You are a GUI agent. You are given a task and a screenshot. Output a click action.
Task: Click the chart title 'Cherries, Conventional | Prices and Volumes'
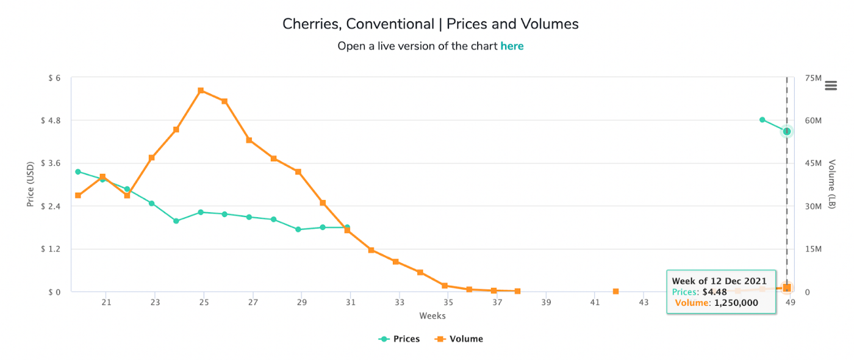[430, 24]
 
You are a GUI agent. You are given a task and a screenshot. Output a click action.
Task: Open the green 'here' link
[512, 46]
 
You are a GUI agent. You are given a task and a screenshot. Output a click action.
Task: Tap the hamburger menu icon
[830, 85]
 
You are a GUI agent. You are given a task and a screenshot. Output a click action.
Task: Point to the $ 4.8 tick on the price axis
[51, 121]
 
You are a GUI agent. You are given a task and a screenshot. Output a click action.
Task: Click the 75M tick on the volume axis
[814, 78]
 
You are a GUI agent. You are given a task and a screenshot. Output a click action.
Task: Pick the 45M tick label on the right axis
[814, 164]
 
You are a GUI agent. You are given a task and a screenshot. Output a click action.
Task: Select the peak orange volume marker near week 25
[201, 91]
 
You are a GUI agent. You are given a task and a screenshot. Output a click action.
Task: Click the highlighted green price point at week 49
[787, 131]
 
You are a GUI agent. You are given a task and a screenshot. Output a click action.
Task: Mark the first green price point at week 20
[78, 171]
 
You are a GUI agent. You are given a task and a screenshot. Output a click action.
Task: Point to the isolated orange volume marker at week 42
[615, 292]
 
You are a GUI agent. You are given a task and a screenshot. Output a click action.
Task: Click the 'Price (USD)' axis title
[30, 185]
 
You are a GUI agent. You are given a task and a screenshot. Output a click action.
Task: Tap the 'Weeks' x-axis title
[432, 316]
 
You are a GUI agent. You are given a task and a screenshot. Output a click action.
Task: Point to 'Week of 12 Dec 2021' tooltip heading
[719, 281]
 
